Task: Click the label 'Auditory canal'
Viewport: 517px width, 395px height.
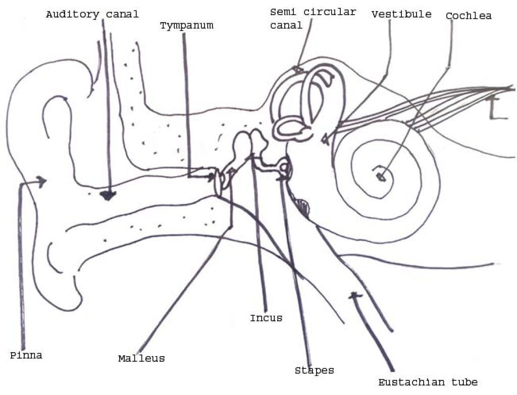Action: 92,15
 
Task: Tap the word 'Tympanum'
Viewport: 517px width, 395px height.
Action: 187,26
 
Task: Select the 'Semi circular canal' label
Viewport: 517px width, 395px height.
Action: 313,19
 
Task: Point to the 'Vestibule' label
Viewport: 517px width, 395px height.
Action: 401,14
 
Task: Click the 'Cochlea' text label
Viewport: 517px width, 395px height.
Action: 469,16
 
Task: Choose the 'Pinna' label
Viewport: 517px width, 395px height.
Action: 26,356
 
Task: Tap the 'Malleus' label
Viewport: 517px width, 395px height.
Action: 141,358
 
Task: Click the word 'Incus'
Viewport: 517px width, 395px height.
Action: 266,318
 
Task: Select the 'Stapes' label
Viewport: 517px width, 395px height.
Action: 314,371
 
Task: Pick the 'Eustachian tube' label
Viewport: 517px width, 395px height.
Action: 428,382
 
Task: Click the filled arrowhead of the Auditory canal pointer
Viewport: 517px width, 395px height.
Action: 108,196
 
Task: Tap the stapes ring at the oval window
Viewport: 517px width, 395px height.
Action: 285,168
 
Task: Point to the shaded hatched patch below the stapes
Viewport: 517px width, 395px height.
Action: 302,206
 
